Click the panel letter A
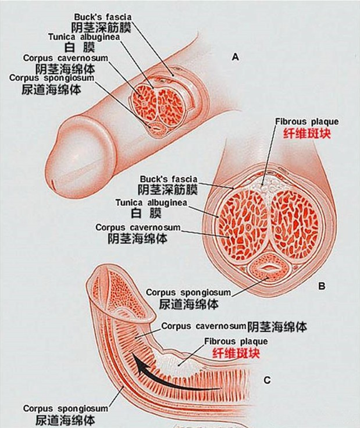[235, 57]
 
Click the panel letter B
[322, 286]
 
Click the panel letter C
[267, 380]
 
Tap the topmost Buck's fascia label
[103, 17]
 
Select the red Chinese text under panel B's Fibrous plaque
[306, 134]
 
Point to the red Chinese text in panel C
[236, 354]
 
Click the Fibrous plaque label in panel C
[236, 341]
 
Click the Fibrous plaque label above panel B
[306, 122]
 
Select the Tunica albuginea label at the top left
[84, 37]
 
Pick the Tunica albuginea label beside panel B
[151, 203]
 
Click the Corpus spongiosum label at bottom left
[66, 408]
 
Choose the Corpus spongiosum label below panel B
[188, 293]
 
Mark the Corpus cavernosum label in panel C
[204, 326]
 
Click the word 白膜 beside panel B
[146, 213]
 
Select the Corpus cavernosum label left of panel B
[138, 227]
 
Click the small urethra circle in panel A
[156, 128]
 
